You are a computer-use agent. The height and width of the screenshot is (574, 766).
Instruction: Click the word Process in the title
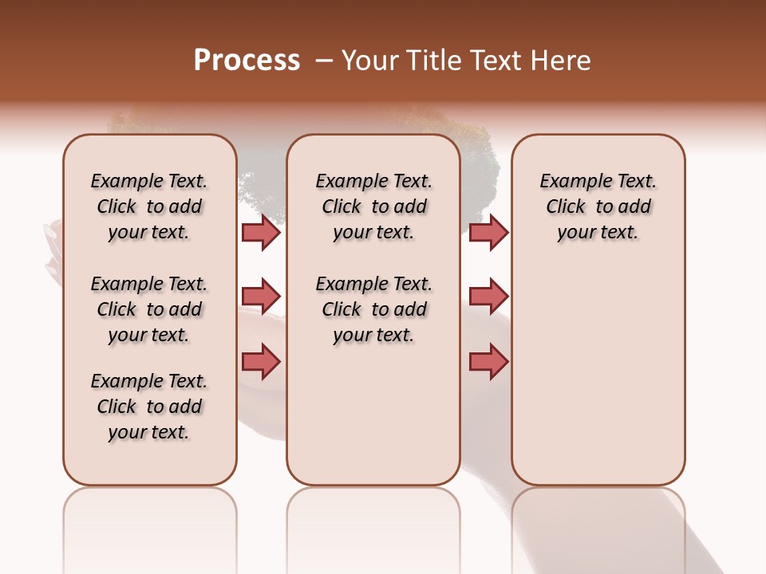pos(247,61)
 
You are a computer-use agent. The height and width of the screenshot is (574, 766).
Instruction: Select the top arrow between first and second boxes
pos(261,232)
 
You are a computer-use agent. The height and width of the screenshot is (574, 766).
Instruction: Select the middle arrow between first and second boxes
pos(261,297)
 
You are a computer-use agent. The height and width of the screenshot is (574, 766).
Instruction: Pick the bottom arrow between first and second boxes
pos(261,361)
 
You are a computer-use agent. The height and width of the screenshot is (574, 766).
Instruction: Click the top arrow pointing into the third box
pos(488,232)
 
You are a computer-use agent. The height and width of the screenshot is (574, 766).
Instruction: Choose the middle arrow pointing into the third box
pos(488,297)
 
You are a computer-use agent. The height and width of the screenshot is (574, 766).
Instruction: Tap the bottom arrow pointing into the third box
pos(488,361)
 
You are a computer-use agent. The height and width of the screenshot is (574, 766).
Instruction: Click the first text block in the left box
pos(149,206)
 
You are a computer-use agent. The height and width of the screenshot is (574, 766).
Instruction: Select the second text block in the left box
pos(149,309)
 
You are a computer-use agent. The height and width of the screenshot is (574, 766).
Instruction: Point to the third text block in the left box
pos(149,407)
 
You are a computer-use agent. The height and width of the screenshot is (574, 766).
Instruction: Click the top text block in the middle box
pos(373,206)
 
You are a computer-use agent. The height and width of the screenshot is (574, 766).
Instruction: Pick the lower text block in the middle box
pos(373,309)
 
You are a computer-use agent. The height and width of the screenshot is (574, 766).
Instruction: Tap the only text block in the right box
pos(598,206)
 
